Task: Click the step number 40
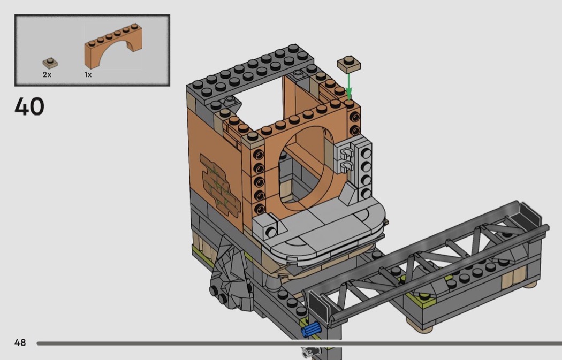(x=29, y=106)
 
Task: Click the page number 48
(x=20, y=342)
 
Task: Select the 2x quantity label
(x=47, y=74)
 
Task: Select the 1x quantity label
(x=88, y=74)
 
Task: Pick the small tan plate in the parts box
(x=50, y=63)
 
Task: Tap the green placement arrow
(x=348, y=86)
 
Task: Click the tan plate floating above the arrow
(x=349, y=64)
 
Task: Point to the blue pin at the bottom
(x=310, y=329)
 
